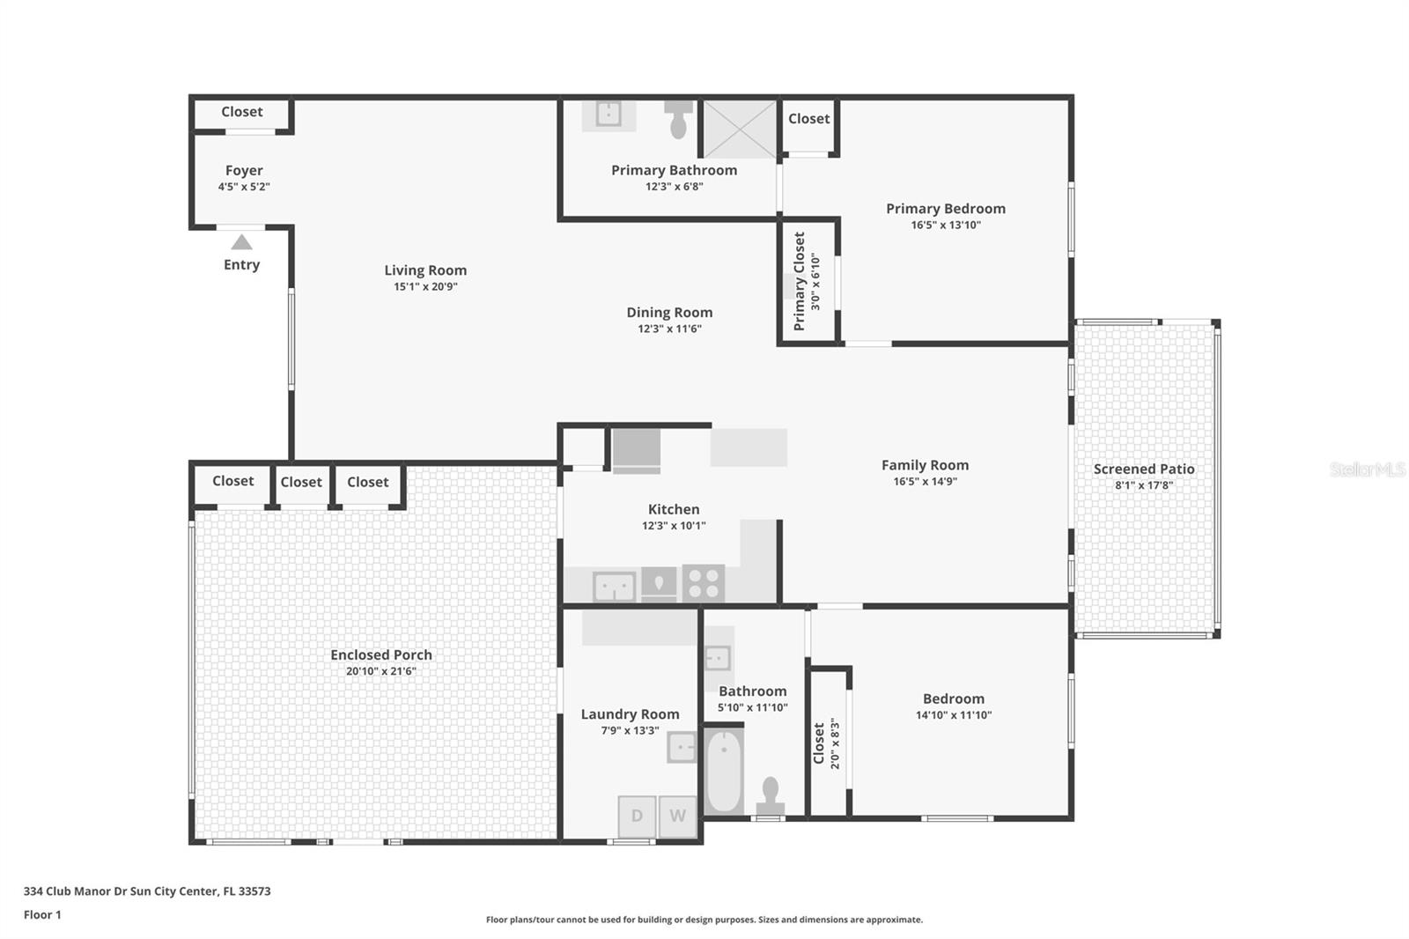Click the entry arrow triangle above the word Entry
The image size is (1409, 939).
tap(241, 242)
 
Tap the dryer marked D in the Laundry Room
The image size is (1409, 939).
tap(637, 817)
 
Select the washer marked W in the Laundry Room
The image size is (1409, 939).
tap(677, 817)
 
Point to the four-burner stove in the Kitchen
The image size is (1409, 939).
tap(704, 583)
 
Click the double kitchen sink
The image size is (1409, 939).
tap(614, 586)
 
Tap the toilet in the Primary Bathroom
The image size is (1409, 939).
tap(678, 119)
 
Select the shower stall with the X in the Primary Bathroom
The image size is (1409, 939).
tap(739, 129)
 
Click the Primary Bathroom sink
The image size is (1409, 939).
tap(608, 114)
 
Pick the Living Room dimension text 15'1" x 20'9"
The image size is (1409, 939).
tap(425, 286)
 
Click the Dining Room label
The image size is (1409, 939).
tap(669, 313)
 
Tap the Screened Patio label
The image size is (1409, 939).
tap(1143, 469)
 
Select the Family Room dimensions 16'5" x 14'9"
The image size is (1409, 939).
tap(925, 481)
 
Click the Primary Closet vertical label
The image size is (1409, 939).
tap(800, 281)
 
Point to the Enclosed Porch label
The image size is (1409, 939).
tap(381, 654)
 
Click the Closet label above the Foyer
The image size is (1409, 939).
tap(241, 112)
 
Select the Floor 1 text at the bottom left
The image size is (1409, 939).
tap(42, 914)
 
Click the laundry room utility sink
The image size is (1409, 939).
tap(682, 747)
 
